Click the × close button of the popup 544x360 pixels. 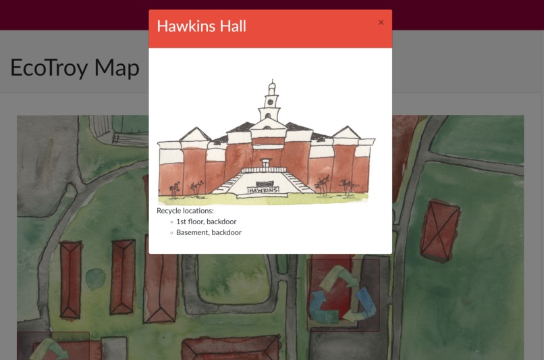click(381, 23)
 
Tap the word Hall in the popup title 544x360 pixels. click(229, 26)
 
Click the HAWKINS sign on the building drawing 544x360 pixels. click(263, 191)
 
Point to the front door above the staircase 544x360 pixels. click(265, 163)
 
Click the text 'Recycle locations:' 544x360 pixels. click(185, 211)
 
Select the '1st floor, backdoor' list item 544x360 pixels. click(206, 222)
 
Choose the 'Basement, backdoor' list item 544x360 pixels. click(209, 232)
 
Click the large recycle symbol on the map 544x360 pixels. click(342, 294)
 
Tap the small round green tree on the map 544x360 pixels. click(96, 277)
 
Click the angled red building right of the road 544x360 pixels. click(439, 230)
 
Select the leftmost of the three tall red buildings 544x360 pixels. click(70, 279)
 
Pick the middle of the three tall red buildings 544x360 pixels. click(122, 276)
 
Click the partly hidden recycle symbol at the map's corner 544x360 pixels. click(51, 348)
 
